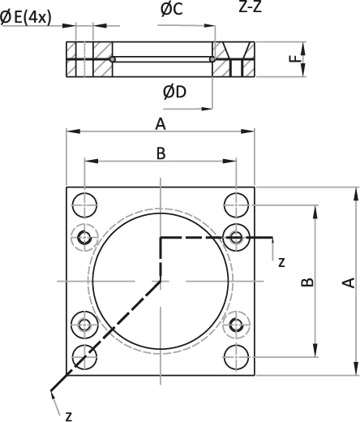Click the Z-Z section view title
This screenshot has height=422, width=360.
click(x=251, y=7)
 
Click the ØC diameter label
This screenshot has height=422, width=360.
click(x=172, y=9)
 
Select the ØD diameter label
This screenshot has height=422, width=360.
click(x=174, y=92)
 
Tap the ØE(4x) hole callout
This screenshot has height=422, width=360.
click(x=25, y=18)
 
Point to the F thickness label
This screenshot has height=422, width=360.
click(x=297, y=59)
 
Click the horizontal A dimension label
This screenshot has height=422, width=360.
click(x=161, y=125)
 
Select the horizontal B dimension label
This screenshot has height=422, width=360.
click(x=161, y=153)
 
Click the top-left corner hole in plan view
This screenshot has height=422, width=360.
click(x=85, y=205)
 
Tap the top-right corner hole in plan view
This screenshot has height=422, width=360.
click(x=237, y=205)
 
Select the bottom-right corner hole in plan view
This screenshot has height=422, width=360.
click(x=237, y=357)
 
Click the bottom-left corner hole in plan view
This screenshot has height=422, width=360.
click(x=85, y=357)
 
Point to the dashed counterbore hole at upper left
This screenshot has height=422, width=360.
click(x=85, y=238)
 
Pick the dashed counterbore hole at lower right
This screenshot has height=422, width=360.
click(x=237, y=325)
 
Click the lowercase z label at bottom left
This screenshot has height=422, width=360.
click(x=69, y=416)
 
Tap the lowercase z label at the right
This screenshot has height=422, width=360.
click(x=281, y=262)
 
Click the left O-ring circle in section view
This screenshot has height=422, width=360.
click(x=113, y=59)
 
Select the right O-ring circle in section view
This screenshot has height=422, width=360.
click(x=212, y=59)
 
